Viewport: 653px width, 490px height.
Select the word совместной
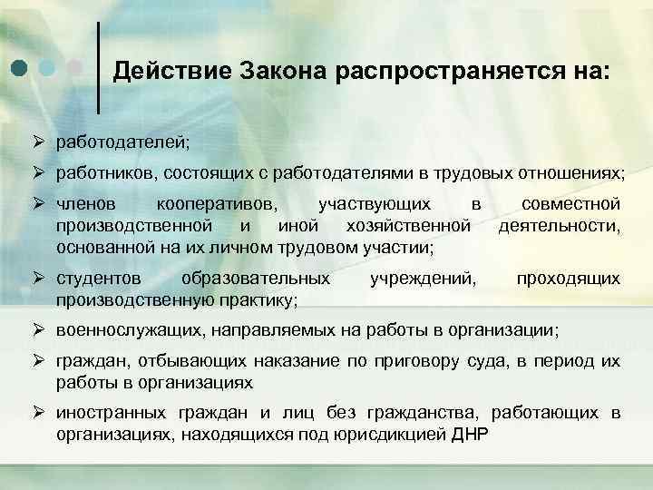[x=570, y=203]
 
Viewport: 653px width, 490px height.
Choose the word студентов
[x=98, y=278]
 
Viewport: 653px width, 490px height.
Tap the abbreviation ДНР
[x=469, y=434]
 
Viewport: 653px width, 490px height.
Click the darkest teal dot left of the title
[x=19, y=68]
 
